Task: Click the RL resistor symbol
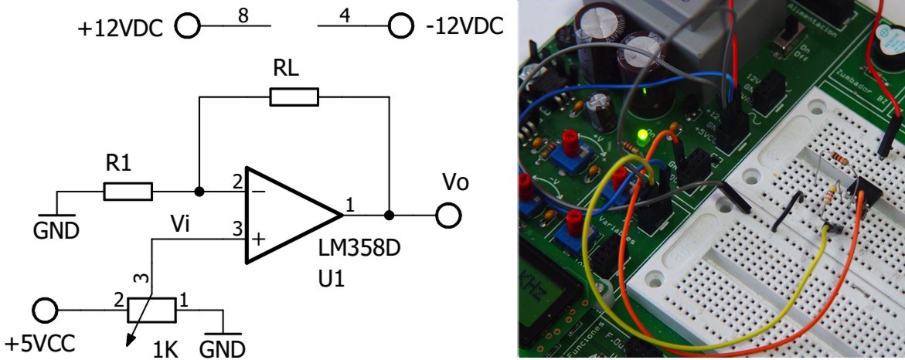tap(294, 97)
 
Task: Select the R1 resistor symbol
tap(128, 191)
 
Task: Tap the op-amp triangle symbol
tap(290, 213)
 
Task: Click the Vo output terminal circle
tap(447, 215)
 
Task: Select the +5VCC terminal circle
tap(46, 311)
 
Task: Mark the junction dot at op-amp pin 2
tap(199, 191)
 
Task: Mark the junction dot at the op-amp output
tap(389, 215)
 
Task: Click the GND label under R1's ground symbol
tap(56, 231)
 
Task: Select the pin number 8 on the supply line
tap(243, 15)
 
